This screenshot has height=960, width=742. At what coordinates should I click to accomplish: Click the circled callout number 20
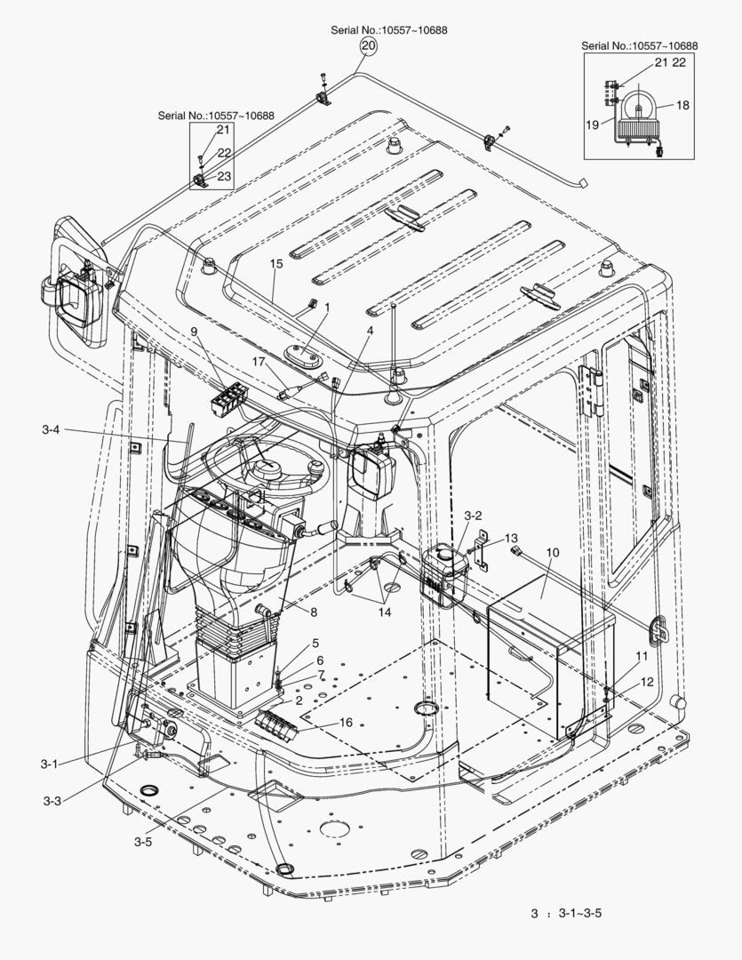tap(369, 44)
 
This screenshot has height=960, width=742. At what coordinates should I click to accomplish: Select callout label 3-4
tap(52, 430)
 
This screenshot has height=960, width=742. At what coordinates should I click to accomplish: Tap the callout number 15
tap(276, 264)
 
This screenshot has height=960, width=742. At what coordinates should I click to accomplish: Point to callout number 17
tap(259, 362)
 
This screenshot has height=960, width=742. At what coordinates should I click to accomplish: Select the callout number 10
tap(552, 552)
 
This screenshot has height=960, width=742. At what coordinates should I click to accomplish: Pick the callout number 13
tap(511, 539)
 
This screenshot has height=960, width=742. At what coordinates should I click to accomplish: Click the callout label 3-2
tap(473, 515)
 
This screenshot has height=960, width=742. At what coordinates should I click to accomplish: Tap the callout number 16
tap(346, 723)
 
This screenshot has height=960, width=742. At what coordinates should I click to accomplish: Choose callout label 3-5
tap(143, 841)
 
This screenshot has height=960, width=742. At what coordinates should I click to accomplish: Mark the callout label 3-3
tap(52, 800)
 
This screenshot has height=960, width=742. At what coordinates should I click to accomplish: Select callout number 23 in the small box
tap(224, 177)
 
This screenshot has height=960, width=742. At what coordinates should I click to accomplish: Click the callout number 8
tap(314, 612)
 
